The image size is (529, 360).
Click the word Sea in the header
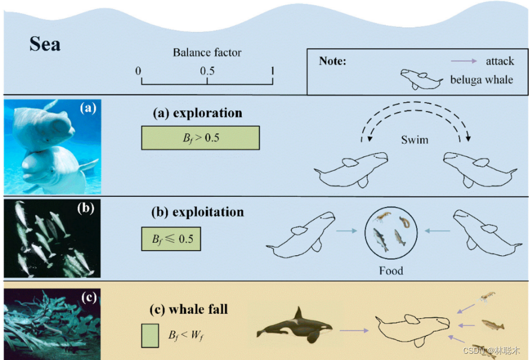[45, 45]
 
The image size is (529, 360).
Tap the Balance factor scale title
[207, 53]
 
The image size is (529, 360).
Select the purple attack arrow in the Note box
[463, 61]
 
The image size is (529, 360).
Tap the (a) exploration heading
[197, 113]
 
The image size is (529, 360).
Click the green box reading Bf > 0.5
[200, 138]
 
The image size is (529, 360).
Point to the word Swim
[415, 140]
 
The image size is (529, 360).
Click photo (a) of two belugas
[53, 147]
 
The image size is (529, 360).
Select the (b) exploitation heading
[197, 212]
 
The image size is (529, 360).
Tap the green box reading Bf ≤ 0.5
[171, 239]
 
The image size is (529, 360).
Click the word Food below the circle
[391, 270]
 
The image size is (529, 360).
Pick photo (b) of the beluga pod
[53, 238]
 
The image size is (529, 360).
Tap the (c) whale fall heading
[188, 310]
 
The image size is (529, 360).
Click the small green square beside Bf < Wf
[150, 335]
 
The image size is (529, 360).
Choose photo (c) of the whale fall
[53, 321]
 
